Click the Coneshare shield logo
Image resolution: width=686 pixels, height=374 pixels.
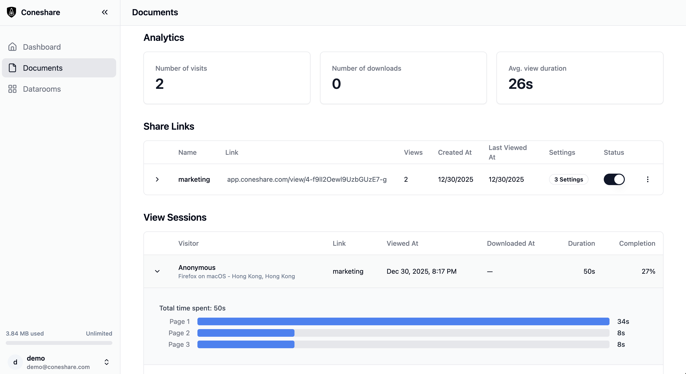(11, 12)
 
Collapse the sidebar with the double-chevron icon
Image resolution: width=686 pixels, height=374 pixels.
(105, 12)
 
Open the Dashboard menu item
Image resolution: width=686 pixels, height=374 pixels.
(42, 47)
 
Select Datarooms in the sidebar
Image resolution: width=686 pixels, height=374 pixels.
(42, 89)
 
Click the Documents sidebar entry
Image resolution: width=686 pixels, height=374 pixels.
(43, 68)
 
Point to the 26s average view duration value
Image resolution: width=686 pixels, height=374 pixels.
(520, 84)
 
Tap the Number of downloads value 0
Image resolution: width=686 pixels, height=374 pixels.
(336, 84)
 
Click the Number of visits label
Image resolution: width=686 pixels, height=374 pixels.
(181, 68)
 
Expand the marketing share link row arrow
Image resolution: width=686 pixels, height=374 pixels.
(157, 179)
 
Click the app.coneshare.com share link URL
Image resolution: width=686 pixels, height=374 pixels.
(307, 179)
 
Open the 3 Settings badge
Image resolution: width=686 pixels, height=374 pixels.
(569, 179)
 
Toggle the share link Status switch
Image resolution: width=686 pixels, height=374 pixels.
(614, 179)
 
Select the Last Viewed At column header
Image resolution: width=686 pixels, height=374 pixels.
(507, 152)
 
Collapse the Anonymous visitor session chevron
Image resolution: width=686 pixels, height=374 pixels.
(157, 271)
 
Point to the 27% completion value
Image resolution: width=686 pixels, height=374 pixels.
(648, 271)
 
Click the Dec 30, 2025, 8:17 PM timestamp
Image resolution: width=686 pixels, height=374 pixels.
(421, 271)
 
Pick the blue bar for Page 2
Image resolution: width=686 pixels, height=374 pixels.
(246, 333)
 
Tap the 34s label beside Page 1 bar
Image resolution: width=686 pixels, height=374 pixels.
(623, 321)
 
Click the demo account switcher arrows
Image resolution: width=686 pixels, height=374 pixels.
(107, 362)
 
